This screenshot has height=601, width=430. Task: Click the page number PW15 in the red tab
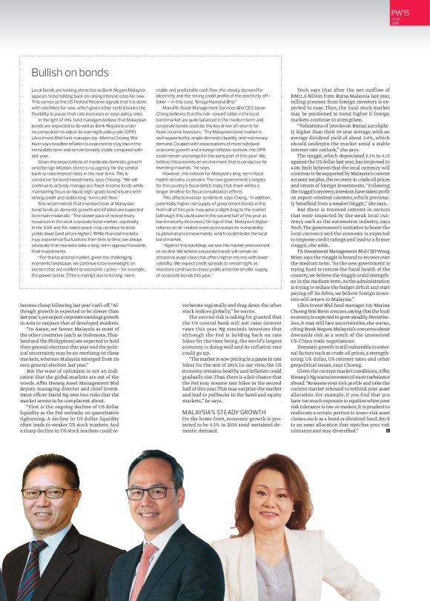(400, 12)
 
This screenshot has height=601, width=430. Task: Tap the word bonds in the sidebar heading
(93, 73)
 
